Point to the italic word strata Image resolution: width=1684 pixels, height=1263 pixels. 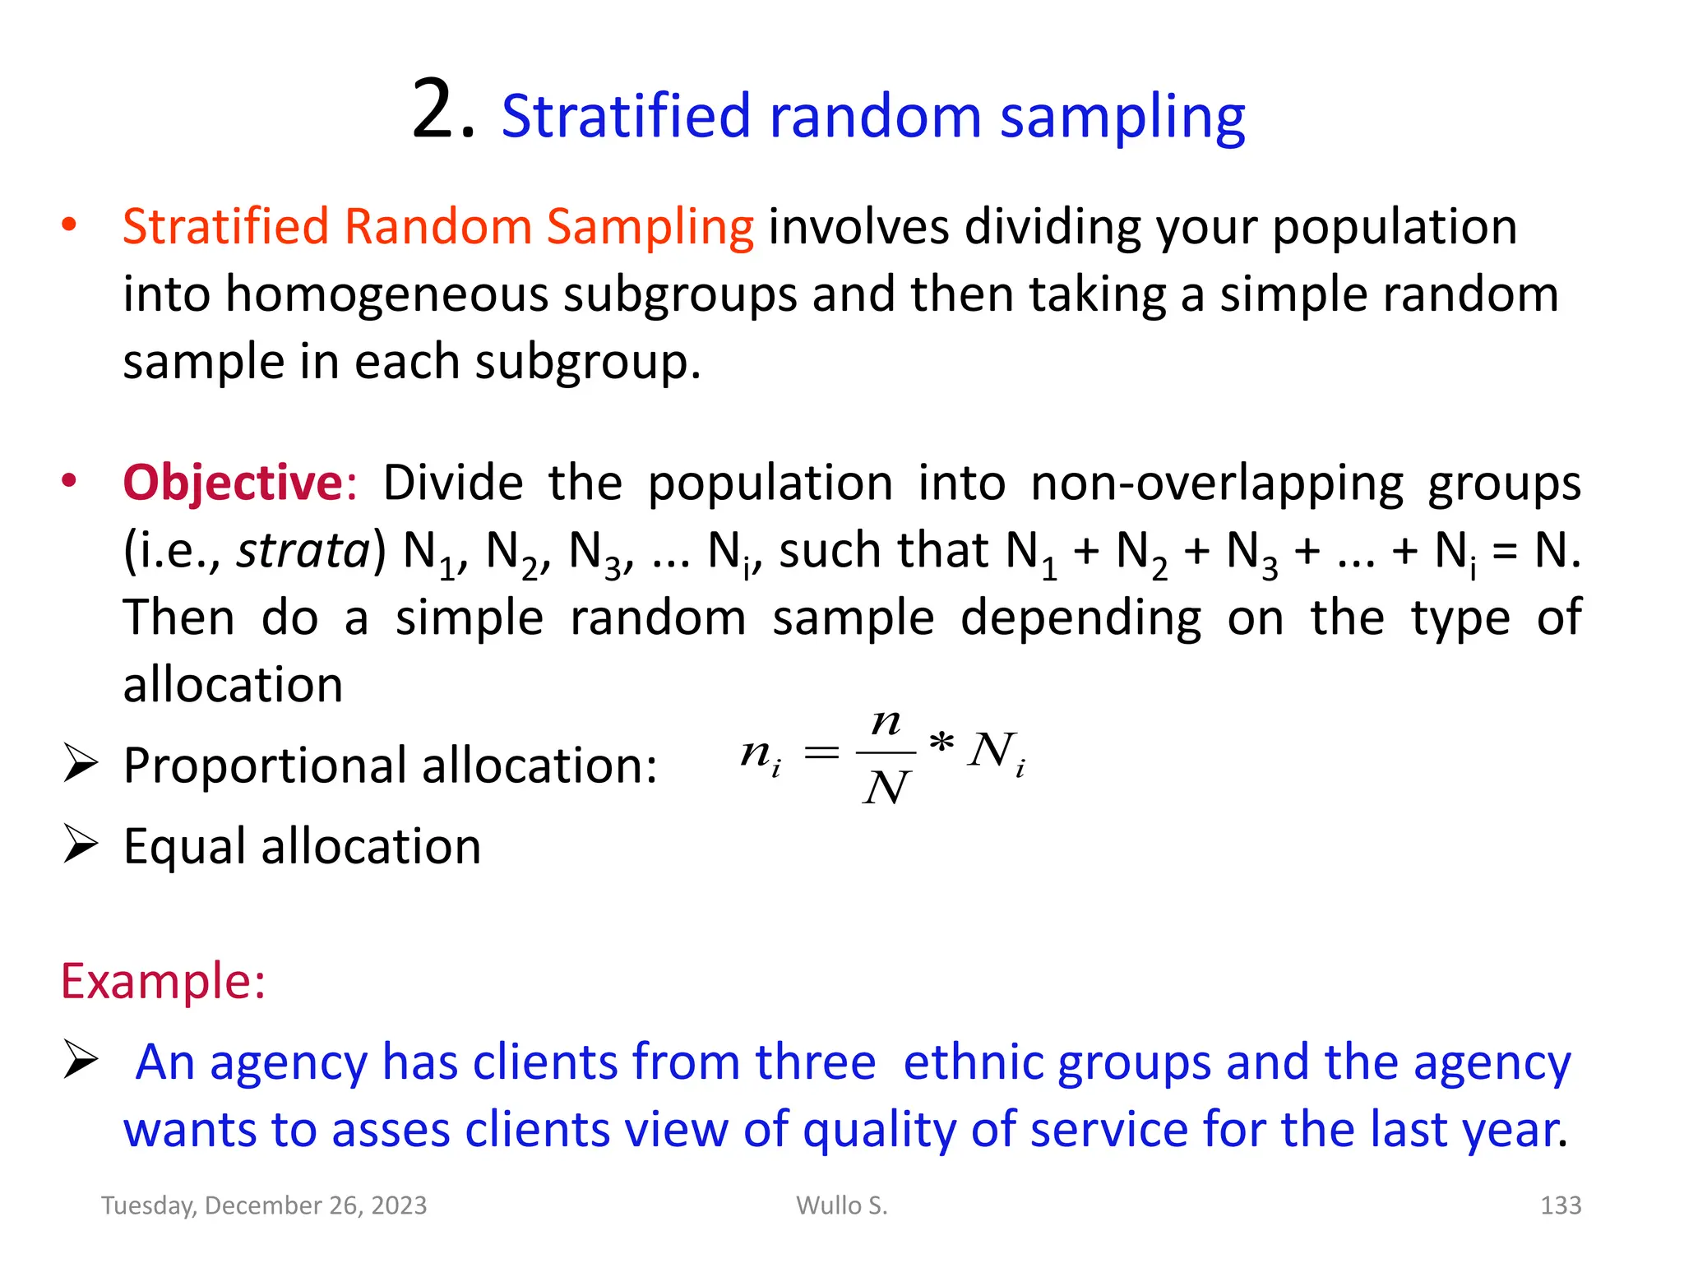[303, 550]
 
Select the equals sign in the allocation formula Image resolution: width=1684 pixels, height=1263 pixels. [821, 752]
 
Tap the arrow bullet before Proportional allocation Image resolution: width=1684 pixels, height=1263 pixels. [81, 764]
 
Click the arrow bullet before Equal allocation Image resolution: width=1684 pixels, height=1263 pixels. [81, 844]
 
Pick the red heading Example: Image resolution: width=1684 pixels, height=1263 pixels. [163, 981]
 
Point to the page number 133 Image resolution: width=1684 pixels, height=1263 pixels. [1560, 1205]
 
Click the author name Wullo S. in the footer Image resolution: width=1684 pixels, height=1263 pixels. [841, 1205]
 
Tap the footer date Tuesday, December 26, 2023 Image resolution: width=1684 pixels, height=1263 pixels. [264, 1205]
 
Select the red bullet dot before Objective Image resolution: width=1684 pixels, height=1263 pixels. [69, 481]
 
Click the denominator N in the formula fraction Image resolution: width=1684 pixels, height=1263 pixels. [886, 788]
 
